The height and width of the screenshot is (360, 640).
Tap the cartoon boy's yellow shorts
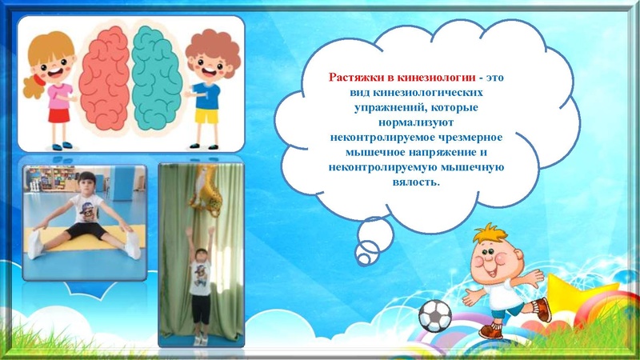206,116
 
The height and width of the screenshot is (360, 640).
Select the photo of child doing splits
84,221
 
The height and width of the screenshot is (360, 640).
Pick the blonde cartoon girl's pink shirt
59,95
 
